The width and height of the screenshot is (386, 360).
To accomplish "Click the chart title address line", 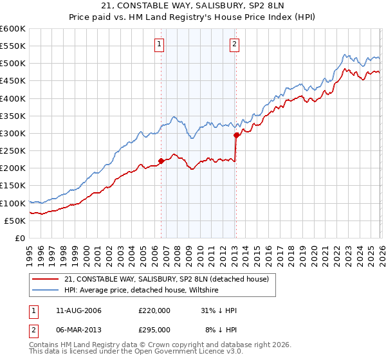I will coord(192,6).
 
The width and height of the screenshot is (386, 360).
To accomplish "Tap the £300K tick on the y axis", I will coord(13,133).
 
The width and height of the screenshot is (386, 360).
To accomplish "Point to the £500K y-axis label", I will coord(13,63).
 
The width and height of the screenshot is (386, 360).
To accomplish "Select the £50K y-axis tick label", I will coord(15,221).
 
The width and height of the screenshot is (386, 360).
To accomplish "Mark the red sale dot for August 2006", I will coord(161,161).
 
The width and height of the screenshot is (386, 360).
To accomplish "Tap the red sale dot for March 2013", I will coord(236,135).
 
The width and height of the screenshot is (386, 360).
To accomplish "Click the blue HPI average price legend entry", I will coord(142,290).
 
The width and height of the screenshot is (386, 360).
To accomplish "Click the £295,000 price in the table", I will coord(154,329).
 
